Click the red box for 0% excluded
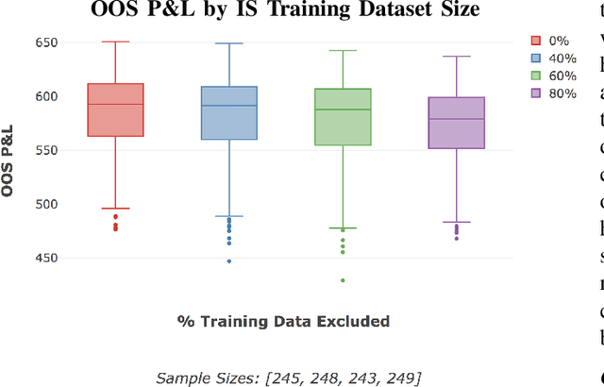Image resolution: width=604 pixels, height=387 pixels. (115, 111)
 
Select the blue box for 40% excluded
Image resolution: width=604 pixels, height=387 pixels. (228, 113)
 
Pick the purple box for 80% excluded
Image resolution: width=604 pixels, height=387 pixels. (456, 123)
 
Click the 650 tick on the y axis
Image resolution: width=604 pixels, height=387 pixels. (44, 43)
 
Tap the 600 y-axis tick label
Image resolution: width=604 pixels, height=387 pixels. (44, 96)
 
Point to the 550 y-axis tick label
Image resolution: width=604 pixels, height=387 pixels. (44, 150)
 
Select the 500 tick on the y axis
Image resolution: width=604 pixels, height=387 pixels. (44, 204)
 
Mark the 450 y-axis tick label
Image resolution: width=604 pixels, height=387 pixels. (44, 258)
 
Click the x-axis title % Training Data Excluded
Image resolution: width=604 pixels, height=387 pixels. (283, 321)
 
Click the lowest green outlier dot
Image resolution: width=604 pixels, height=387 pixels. (343, 280)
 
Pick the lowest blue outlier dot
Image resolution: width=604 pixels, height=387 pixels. (228, 261)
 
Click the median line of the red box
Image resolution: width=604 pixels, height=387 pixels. (115, 104)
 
